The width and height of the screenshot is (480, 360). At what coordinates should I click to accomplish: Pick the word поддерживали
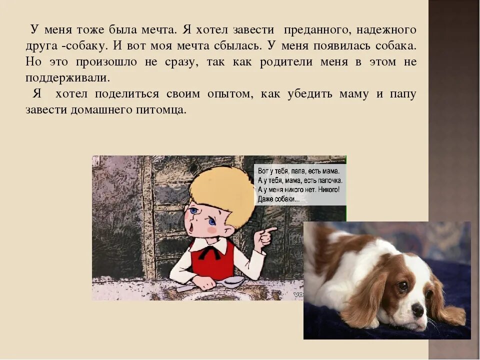point(67,78)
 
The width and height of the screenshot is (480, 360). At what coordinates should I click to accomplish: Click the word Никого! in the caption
point(327,189)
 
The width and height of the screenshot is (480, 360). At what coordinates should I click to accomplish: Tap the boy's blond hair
point(222,192)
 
